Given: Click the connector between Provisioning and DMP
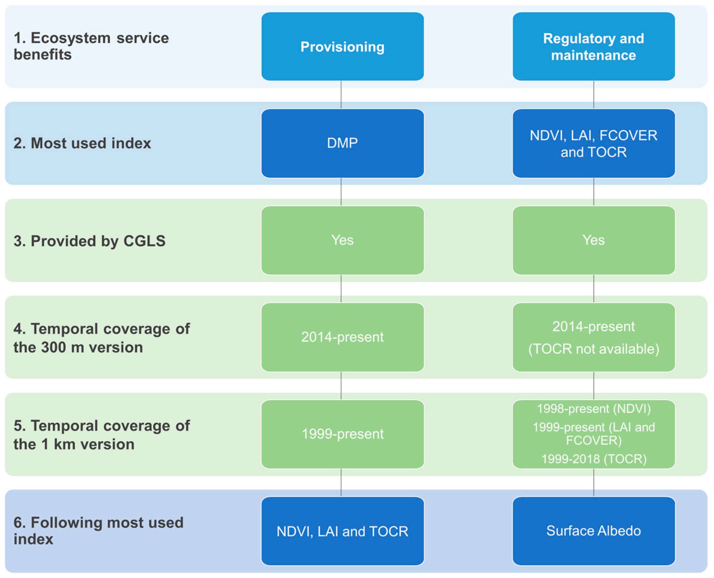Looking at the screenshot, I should click(341, 95).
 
